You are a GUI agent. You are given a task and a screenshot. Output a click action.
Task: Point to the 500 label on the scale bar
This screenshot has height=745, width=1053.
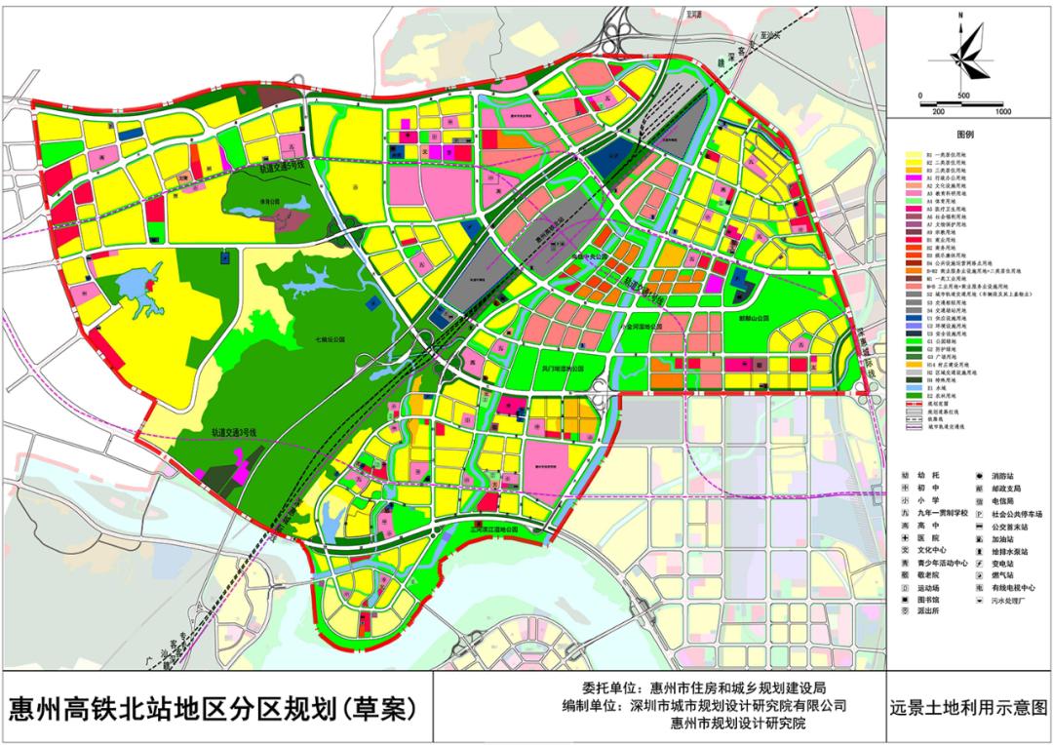[x=962, y=96]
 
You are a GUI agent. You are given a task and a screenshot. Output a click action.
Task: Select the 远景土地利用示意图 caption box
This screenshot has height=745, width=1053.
[x=968, y=706]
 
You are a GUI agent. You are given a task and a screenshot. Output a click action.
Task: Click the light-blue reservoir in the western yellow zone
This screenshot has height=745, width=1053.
[x=136, y=294]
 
